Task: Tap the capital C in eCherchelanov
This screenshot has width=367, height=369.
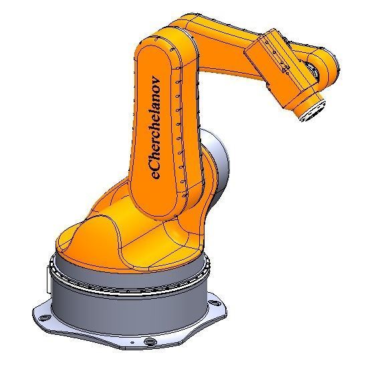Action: tap(156, 160)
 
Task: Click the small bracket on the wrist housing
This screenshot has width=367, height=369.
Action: tap(283, 67)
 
